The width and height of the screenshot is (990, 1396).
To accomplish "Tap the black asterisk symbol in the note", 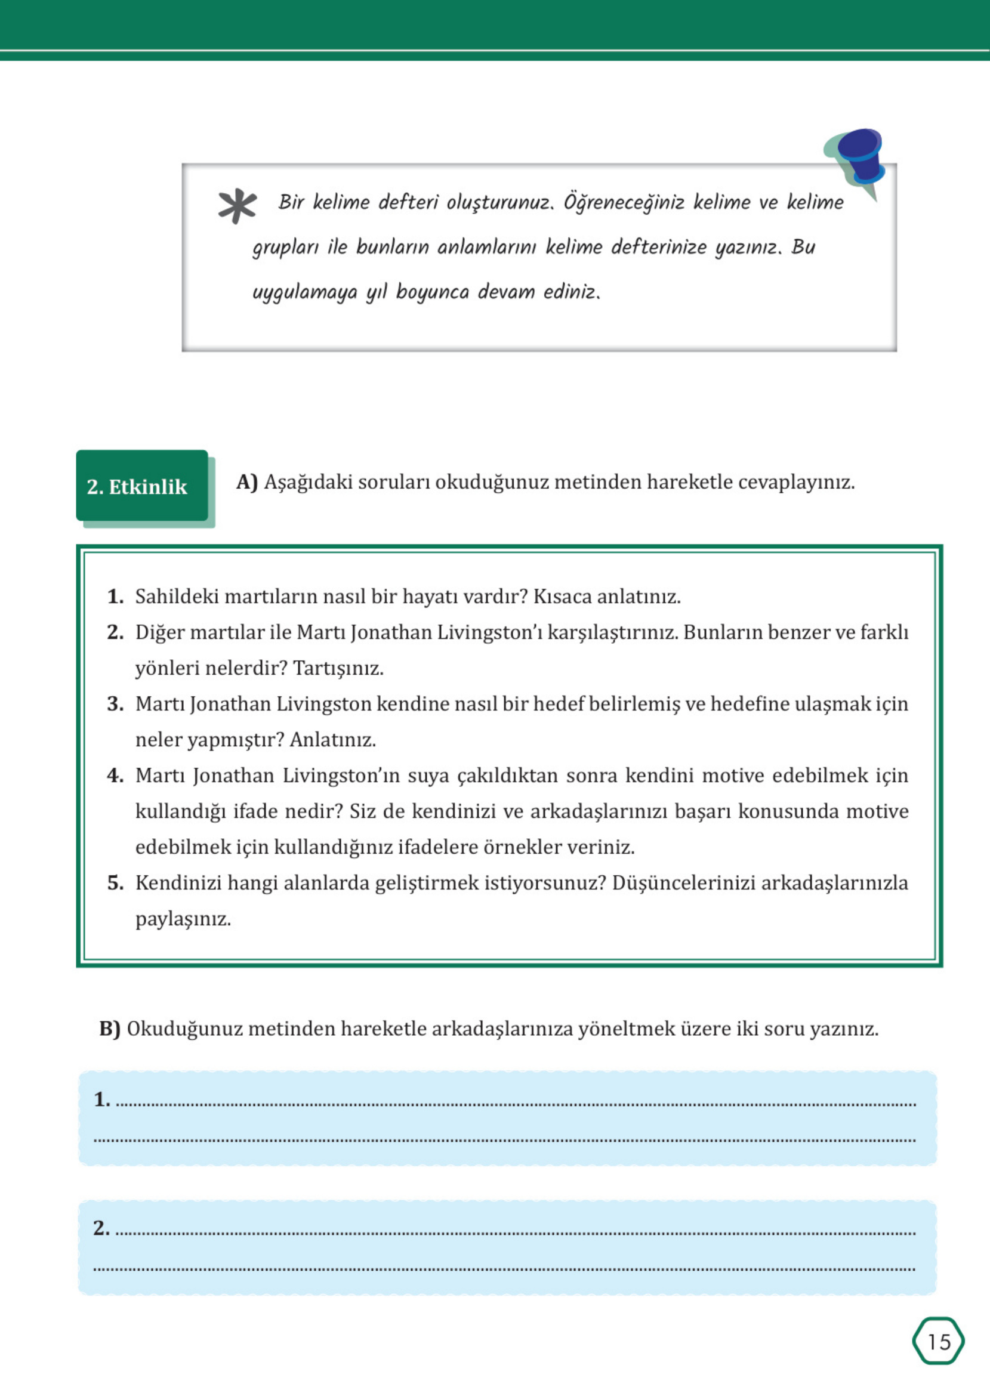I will tap(237, 206).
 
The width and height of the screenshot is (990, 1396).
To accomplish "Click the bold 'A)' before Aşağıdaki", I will tap(247, 483).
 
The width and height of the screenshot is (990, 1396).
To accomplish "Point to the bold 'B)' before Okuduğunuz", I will tap(110, 1029).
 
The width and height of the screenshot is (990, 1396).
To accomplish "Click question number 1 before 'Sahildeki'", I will tap(115, 597).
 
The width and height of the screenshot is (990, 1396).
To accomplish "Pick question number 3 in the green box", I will tap(115, 705).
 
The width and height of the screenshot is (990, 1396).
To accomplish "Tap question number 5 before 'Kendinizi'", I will tap(115, 883).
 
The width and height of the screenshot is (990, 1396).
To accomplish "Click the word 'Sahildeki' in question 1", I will tap(177, 597).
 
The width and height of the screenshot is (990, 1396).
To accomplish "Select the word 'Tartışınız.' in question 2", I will tap(338, 668).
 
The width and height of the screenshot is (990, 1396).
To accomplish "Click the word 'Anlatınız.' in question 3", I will tap(332, 740).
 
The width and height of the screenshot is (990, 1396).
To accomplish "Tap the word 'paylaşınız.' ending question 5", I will tap(183, 919).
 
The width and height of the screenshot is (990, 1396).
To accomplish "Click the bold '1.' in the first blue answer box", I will tap(102, 1099).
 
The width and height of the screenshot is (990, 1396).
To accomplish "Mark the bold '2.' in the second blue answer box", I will tap(101, 1228).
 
